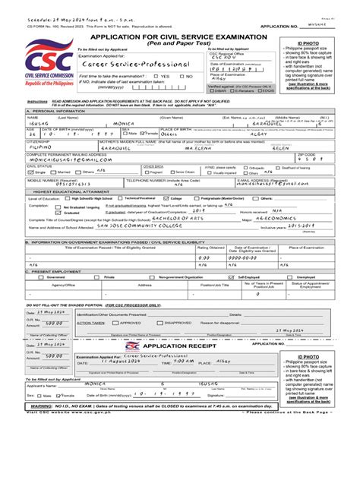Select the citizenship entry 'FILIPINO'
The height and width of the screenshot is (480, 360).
pos(39,148)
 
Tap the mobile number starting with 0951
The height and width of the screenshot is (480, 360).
pos(46,185)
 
